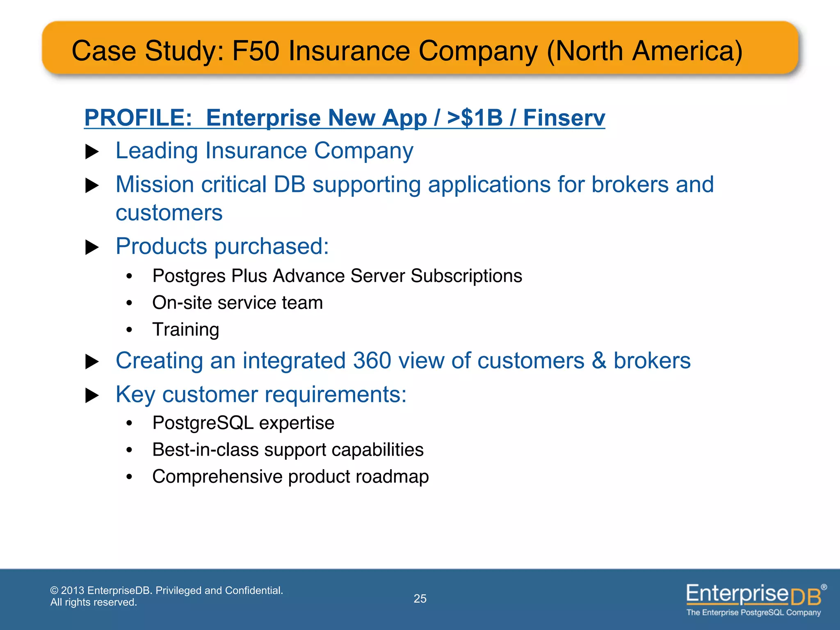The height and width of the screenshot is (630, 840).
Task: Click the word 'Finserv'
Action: coord(564,118)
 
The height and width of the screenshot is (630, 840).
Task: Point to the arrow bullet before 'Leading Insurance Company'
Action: coord(92,152)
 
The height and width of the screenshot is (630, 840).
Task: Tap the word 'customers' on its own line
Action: coord(169,213)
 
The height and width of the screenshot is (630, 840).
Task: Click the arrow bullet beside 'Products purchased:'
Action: coord(92,247)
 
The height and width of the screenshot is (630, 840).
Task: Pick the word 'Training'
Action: coord(186,329)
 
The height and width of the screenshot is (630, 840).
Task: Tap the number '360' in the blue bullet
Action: coord(372,361)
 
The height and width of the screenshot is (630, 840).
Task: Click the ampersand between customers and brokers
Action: coord(598,361)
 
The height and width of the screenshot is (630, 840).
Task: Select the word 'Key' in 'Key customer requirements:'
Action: coord(135,395)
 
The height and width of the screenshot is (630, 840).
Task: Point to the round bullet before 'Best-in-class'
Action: coord(129,450)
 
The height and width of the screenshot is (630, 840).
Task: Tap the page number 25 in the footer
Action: coord(420,598)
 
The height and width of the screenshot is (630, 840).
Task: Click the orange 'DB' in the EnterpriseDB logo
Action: coord(806,596)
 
